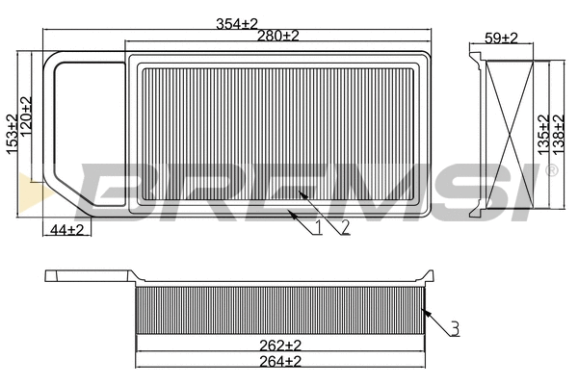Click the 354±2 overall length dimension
pyautogui.click(x=237, y=22)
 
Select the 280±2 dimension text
pyautogui.click(x=278, y=36)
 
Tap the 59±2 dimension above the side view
pyautogui.click(x=500, y=38)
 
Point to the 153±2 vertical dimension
pyautogui.click(x=12, y=133)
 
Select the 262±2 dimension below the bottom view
pyautogui.click(x=281, y=345)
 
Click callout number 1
pyautogui.click(x=317, y=227)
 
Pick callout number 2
pyautogui.click(x=343, y=227)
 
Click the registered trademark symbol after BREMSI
pyautogui.click(x=551, y=170)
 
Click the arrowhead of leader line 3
pyautogui.click(x=424, y=308)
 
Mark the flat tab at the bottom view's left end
pyautogui.click(x=87, y=276)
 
